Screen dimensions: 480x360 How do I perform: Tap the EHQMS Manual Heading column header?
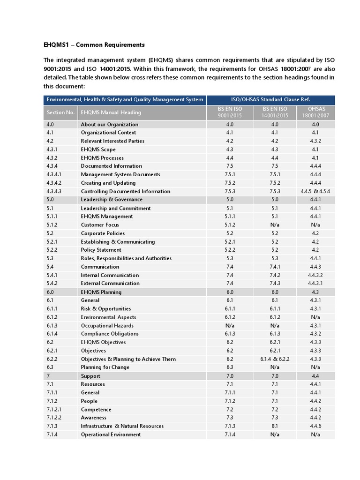point(111,112)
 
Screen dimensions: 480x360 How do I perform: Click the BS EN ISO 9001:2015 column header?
point(230,112)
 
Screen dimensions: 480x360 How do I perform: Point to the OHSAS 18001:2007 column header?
point(315,112)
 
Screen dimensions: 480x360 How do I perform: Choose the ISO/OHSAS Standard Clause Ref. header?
point(270,99)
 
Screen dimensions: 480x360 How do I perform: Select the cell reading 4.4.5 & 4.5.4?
point(315,191)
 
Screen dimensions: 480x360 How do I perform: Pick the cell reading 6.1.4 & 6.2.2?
point(275,359)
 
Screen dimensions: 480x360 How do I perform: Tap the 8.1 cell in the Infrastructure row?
point(275,426)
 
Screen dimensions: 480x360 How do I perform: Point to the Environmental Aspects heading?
point(109,317)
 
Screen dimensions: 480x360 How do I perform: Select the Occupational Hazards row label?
point(107,326)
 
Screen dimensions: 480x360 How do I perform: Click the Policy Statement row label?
point(101,250)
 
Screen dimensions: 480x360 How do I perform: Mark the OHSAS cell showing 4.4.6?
point(315,426)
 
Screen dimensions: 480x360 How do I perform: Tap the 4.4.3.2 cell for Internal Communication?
point(315,275)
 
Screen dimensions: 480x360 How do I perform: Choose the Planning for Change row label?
point(105,367)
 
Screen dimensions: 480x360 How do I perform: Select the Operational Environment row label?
point(111,435)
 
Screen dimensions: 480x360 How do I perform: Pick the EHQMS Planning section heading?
point(101,292)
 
